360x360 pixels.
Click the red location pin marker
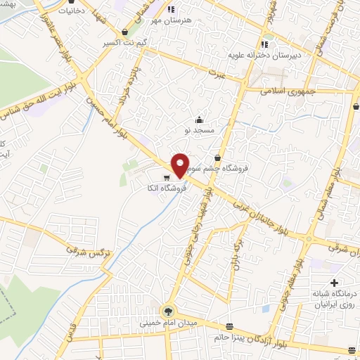tap(180, 165)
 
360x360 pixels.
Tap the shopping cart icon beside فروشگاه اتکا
tap(167, 177)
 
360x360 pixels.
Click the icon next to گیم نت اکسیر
tap(125, 32)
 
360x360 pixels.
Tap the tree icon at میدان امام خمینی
tap(167, 310)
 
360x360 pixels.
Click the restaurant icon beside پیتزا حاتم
tap(230, 326)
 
